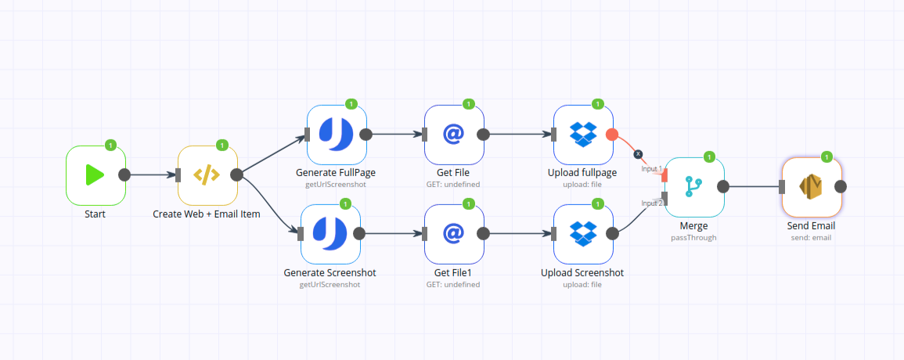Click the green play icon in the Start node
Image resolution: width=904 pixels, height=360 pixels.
(95, 175)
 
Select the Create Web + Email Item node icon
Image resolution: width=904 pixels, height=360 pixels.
(207, 175)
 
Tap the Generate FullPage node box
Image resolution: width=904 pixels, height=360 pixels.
(336, 135)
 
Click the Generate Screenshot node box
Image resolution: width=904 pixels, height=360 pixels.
(330, 234)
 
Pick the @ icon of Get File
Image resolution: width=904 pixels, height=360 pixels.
(454, 135)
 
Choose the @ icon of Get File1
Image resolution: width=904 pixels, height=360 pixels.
(454, 233)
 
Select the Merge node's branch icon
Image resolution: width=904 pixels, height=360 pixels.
(693, 187)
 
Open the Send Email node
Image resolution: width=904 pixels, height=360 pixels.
(812, 187)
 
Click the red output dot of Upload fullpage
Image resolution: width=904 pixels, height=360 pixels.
(612, 135)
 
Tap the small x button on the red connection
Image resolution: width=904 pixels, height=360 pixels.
(638, 154)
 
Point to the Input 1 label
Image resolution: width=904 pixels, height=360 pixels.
(652, 169)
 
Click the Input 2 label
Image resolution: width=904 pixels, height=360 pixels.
(652, 203)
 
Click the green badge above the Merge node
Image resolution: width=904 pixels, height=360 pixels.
(709, 157)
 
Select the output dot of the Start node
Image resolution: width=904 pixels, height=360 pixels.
(124, 175)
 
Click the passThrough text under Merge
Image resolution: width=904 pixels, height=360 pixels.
(694, 237)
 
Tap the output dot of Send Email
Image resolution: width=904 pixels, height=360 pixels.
(841, 187)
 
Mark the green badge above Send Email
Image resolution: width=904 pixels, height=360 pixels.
(827, 157)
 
